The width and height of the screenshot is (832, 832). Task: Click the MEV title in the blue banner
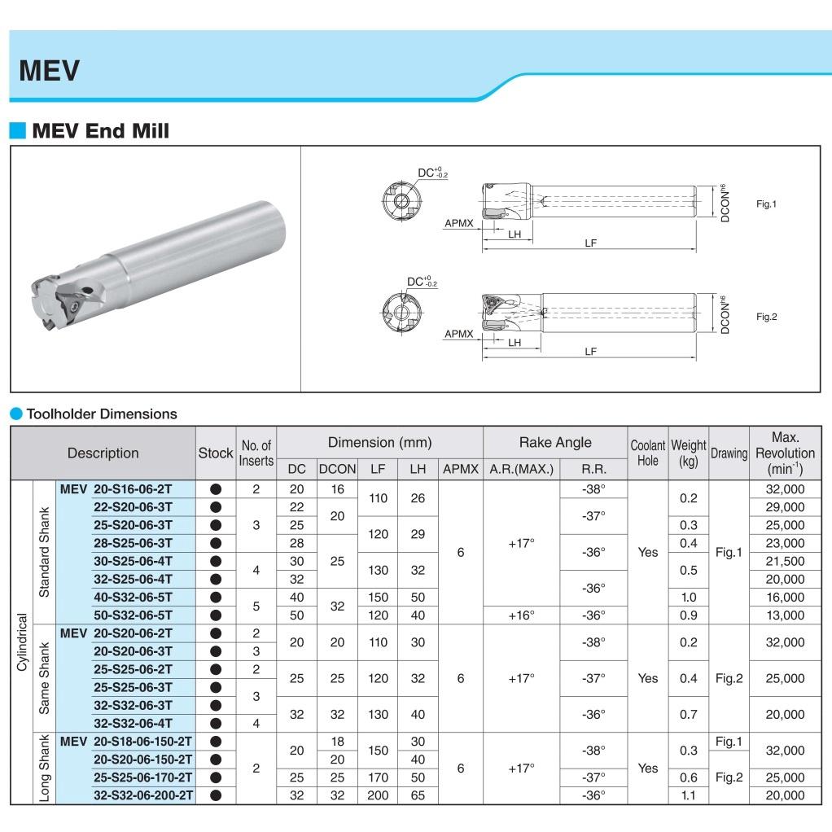49,70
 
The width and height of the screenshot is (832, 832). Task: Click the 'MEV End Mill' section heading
100,130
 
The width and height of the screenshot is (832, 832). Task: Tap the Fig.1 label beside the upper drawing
766,204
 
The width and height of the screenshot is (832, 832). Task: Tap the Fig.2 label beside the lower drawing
766,317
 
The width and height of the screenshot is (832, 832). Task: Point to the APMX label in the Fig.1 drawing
459,222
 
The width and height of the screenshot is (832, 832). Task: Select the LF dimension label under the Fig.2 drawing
590,352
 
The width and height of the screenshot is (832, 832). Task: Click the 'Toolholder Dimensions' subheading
101,414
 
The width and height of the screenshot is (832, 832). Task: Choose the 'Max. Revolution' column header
785,453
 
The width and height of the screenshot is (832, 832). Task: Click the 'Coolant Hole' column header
647,453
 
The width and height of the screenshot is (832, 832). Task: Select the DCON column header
337,469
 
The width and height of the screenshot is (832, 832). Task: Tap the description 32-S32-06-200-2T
142,795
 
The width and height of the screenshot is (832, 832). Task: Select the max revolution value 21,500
785,561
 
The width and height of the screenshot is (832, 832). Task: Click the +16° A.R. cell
521,615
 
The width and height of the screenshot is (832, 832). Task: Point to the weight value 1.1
688,795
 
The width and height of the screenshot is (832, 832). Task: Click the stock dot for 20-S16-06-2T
216,489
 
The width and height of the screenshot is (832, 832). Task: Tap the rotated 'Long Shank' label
45,768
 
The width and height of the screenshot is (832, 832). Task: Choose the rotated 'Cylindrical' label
22,642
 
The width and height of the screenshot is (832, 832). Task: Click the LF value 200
378,795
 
